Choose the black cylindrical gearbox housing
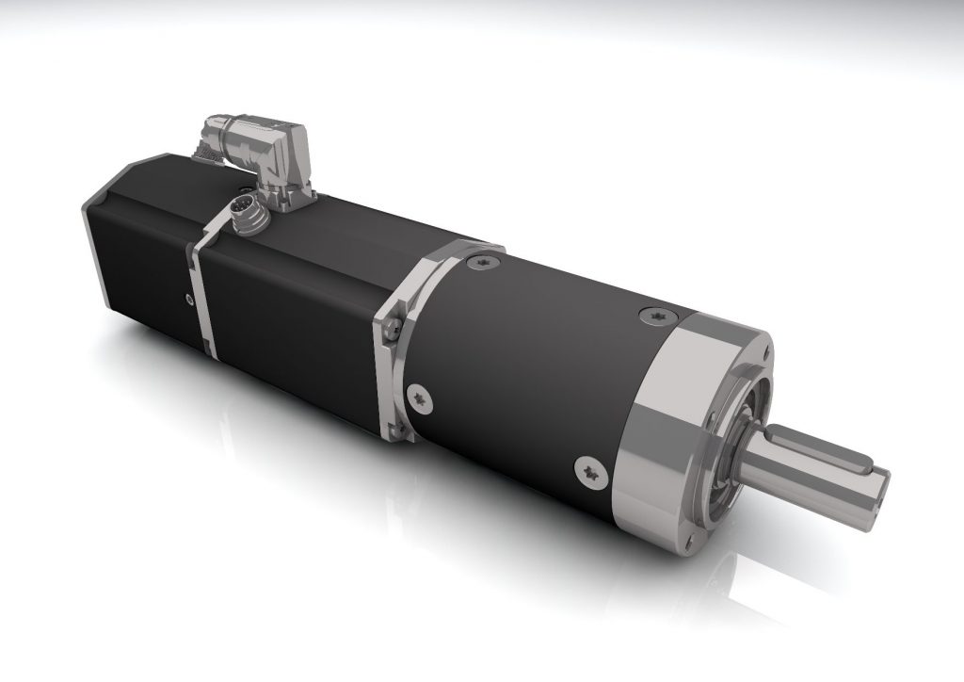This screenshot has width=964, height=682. coord(527,367)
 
